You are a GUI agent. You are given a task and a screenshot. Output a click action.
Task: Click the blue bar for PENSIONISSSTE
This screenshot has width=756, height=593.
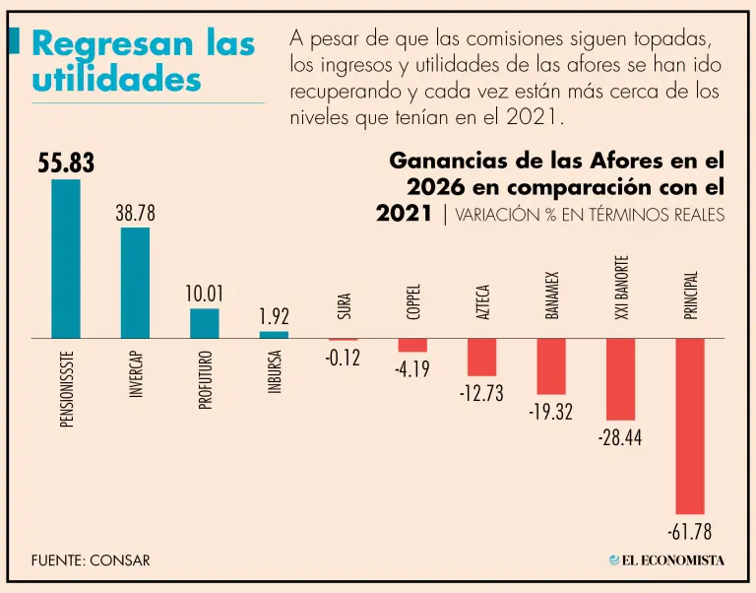tap(66, 259)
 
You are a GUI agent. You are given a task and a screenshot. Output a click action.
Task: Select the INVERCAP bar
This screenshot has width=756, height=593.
tap(135, 283)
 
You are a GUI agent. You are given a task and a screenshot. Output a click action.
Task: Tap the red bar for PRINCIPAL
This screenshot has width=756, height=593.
tap(690, 427)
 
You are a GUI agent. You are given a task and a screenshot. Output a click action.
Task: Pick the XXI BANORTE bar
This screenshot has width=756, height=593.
tap(620, 379)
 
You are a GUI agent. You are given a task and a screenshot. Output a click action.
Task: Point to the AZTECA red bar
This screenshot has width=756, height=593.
tap(481, 357)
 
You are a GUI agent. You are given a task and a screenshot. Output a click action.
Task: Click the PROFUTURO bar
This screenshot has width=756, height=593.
tap(205, 324)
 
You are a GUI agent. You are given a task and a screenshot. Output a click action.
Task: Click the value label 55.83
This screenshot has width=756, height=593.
tap(66, 164)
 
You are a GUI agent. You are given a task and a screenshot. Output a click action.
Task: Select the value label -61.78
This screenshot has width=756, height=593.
tap(690, 532)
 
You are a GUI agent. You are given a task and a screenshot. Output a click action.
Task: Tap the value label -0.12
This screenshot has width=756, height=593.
tap(343, 358)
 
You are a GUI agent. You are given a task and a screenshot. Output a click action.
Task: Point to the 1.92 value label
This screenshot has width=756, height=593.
tap(274, 316)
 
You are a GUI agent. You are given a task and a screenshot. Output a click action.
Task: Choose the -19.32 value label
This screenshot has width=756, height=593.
tap(551, 412)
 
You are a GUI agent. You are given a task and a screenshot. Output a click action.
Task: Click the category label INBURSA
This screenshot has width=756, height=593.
tap(275, 372)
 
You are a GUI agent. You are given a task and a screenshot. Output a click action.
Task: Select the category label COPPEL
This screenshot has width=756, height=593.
tap(413, 301)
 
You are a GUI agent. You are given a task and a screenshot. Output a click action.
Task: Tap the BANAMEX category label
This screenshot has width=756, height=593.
tap(551, 296)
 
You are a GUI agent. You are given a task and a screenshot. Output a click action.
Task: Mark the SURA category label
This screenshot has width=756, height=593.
tap(344, 306)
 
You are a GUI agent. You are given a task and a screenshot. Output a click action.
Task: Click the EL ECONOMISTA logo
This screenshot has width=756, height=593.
tap(666, 560)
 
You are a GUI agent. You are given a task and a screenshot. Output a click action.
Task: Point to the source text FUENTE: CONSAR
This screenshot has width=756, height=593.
tap(91, 560)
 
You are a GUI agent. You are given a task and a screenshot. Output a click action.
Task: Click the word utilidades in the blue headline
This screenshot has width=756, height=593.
tap(117, 79)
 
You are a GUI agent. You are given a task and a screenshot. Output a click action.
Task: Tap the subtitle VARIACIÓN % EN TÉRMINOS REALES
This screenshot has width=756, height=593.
tap(590, 215)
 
